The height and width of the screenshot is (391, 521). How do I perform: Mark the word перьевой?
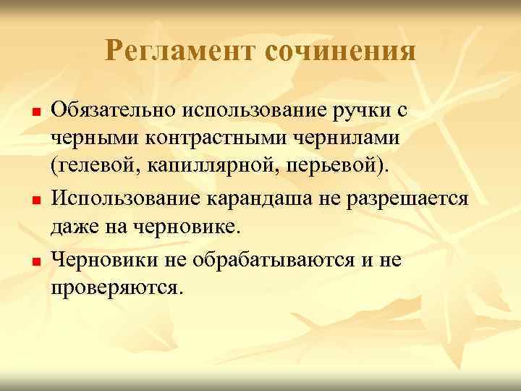pos(326,164)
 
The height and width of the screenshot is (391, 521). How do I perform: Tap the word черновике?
pos(178,225)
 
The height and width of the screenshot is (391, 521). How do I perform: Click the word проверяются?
pos(112,287)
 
